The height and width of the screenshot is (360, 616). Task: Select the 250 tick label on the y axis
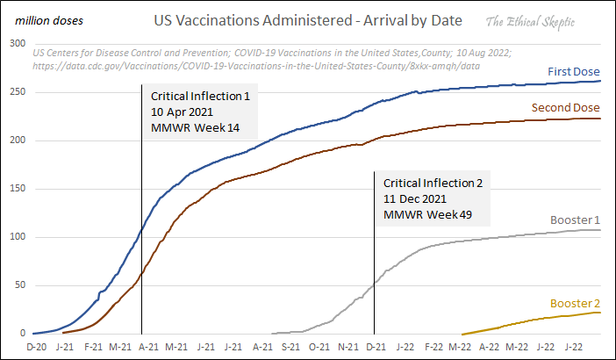(18, 91)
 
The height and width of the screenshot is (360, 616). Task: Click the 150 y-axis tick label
(18, 188)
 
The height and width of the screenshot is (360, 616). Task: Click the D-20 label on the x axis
(37, 349)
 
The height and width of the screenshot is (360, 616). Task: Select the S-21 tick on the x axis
(290, 349)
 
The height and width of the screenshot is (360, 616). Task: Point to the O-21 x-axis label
(319, 349)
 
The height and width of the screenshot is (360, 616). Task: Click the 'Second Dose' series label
(566, 108)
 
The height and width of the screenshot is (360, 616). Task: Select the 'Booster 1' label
(574, 220)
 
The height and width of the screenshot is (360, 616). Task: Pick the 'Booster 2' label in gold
(575, 304)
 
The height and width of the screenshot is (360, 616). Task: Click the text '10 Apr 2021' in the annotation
(181, 112)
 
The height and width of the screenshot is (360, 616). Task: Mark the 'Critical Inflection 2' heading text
(433, 183)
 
